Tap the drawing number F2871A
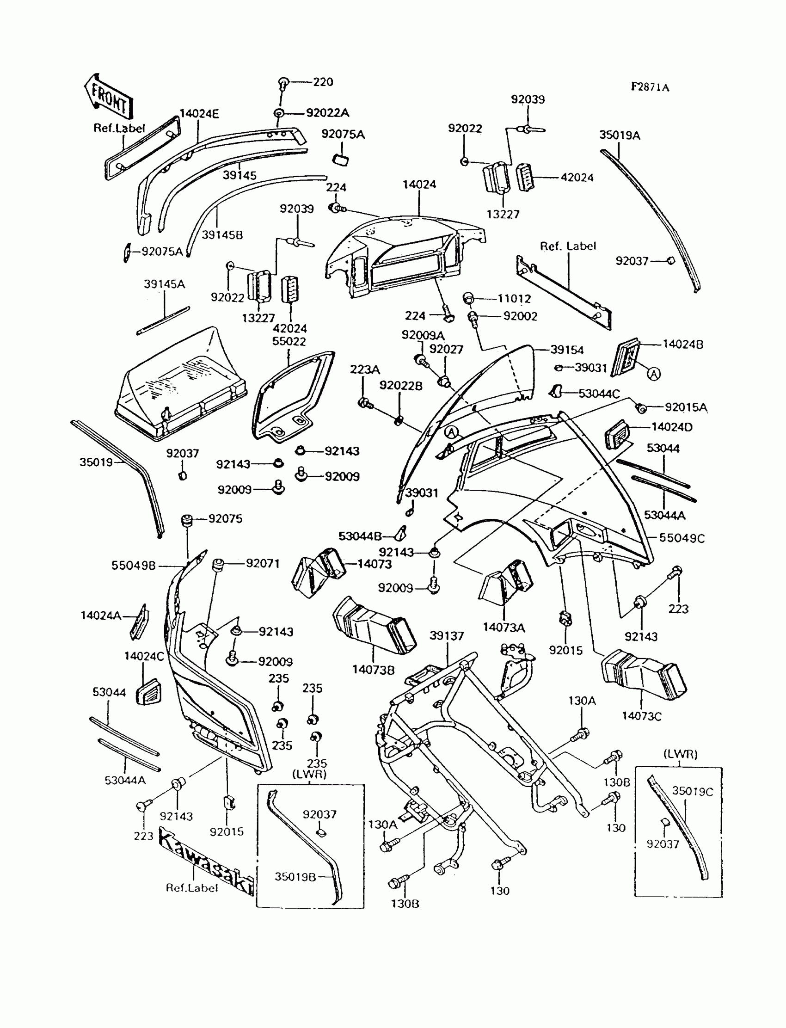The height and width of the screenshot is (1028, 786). pos(650,87)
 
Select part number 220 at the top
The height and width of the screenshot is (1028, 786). pos(323,82)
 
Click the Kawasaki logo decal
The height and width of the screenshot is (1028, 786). pos(206,861)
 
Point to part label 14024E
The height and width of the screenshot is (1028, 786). pos(199,114)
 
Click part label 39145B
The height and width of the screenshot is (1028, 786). pos(222,234)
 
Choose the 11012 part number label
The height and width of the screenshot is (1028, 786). pos(514,299)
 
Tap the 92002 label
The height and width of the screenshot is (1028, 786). pos(520,316)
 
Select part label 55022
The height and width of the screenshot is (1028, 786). pos(289,341)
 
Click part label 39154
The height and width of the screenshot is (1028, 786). pos(567,350)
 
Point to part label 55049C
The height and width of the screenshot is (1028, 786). pos(682,538)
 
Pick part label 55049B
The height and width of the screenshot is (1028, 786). pos(133,566)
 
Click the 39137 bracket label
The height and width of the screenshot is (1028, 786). pos(446,636)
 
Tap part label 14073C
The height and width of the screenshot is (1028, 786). pos(641,716)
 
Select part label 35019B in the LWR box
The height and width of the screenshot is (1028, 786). pos(295,877)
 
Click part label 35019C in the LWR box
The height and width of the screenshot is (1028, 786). pos(693,791)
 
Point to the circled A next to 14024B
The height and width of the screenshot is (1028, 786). pos(654,373)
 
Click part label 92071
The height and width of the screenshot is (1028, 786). pos(263,563)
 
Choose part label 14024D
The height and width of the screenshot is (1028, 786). pos(672,427)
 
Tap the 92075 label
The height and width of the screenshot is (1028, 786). pos(225,518)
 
